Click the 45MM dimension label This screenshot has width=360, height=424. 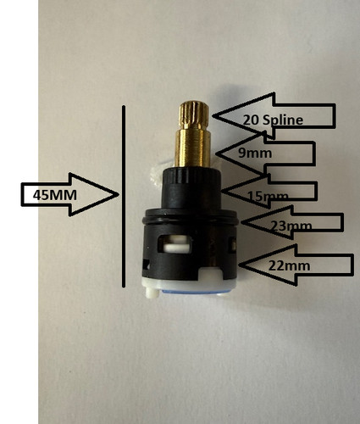[x=55, y=195]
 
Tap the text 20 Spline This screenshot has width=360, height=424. [x=273, y=120]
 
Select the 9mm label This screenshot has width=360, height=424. [x=255, y=153]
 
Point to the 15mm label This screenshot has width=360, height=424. [x=268, y=196]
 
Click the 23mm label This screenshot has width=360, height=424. [x=291, y=226]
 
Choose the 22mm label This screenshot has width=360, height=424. [x=289, y=265]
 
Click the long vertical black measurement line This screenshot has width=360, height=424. [x=124, y=197]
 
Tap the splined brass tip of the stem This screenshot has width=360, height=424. [x=194, y=114]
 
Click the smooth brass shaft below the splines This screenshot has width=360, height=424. [x=192, y=147]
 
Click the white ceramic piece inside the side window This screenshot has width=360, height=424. [x=176, y=245]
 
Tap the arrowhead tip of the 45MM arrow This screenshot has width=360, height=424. [x=119, y=194]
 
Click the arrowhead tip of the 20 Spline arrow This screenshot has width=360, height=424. [x=213, y=115]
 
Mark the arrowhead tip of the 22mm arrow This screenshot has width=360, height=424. [x=239, y=265]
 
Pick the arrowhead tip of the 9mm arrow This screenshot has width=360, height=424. [x=216, y=153]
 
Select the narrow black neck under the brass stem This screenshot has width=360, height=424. [x=191, y=188]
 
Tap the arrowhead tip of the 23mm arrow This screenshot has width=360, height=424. [x=241, y=222]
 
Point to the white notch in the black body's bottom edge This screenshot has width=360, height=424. [x=211, y=275]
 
